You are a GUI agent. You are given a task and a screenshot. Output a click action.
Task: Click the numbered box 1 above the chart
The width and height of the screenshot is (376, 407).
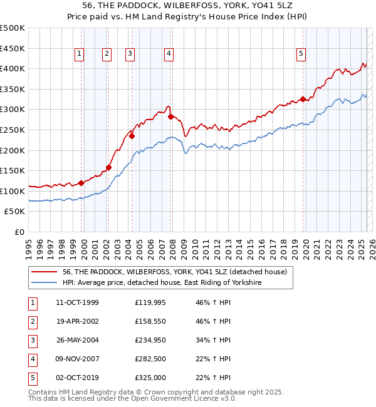click(x=80, y=54)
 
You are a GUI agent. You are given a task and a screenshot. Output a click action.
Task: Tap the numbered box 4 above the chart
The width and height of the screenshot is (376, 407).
click(x=169, y=54)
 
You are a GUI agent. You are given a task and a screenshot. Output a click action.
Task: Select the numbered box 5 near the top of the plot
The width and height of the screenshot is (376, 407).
click(x=301, y=54)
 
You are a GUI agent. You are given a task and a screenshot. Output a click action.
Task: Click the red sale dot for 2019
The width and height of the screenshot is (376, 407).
click(x=303, y=99)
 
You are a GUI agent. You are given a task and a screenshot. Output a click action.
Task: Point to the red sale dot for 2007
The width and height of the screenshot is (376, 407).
click(x=170, y=116)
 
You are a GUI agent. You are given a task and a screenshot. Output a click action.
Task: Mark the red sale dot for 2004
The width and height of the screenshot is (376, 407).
click(x=132, y=136)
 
